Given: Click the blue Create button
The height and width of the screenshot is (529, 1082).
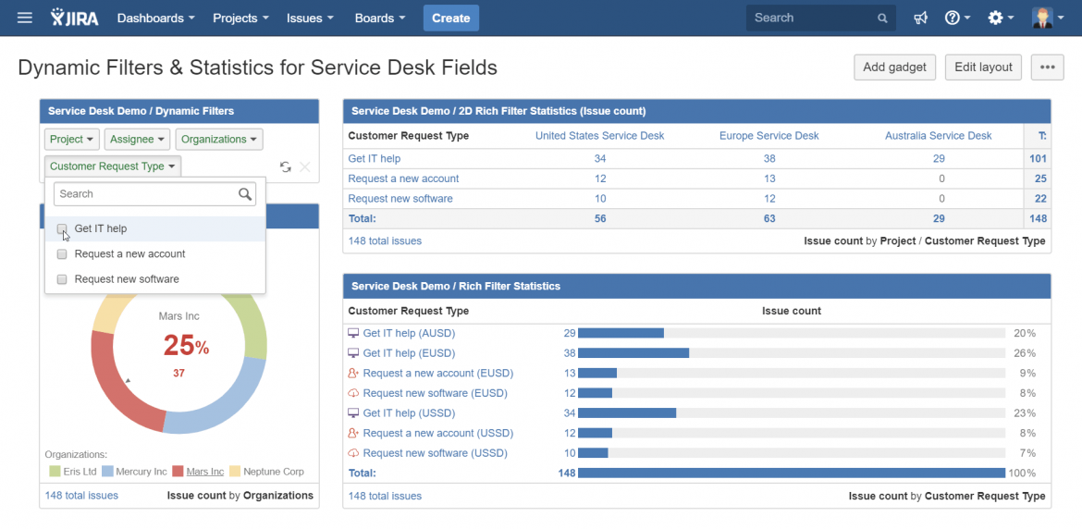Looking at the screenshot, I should (450, 18).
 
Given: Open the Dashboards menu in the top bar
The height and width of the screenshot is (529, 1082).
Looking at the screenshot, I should (155, 18).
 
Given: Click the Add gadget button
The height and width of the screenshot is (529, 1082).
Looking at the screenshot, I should (894, 67).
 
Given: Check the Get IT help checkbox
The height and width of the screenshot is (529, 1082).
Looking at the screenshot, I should (62, 228).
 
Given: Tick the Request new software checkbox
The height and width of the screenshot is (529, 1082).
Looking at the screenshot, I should (62, 279).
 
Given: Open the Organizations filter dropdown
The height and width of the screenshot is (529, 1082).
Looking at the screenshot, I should (219, 140).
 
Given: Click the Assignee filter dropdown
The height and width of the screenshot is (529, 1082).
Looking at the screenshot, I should (137, 140).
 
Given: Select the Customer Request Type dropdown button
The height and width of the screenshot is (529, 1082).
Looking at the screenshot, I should (113, 166).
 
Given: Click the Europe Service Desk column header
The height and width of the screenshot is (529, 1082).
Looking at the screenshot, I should (768, 136).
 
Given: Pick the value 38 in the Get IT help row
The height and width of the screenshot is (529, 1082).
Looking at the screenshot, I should (768, 159).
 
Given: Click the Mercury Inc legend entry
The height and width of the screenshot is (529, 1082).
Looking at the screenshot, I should (134, 472).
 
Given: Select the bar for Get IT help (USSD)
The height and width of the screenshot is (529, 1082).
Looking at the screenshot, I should (626, 413).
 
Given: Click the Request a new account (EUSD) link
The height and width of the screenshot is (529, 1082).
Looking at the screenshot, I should (437, 374).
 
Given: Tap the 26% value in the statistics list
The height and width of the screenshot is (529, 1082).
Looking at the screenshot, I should (1024, 353).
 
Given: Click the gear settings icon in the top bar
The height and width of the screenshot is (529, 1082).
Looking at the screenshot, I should (995, 18).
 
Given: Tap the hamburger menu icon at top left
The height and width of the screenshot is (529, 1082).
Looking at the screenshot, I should (25, 18).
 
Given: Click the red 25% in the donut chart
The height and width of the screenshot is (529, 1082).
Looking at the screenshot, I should (186, 346).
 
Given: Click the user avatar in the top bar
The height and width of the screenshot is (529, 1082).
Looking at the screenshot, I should (1043, 18).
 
